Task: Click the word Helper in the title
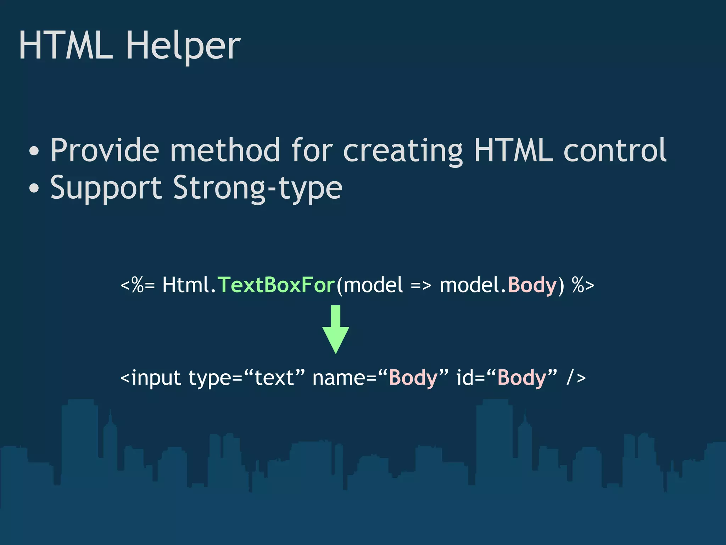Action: point(183,46)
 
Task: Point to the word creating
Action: point(403,151)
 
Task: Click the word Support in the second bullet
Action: point(106,188)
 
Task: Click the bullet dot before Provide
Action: point(34,151)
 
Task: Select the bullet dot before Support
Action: point(34,188)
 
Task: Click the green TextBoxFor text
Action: point(276,285)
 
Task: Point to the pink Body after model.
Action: point(532,285)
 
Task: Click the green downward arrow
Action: point(335,330)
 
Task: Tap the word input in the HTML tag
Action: point(156,378)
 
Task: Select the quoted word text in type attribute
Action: point(274,378)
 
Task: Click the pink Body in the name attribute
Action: point(413,378)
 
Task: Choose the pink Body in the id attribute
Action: point(522,378)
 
